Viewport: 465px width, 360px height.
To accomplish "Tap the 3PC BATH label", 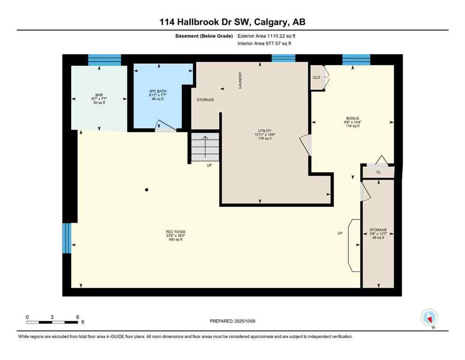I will click(156, 91).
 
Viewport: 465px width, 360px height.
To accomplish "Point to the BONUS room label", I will click(352, 119).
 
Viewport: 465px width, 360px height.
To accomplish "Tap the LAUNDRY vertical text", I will click(240, 80).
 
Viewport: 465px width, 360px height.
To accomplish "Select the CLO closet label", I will click(317, 77).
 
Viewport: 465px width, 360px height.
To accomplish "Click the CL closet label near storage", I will click(378, 172).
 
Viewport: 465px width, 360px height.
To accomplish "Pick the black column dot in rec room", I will click(147, 190).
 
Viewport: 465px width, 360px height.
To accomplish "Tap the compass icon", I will click(429, 318).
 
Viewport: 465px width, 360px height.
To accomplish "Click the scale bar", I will click(52, 322).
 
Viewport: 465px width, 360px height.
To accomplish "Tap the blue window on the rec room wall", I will click(67, 238).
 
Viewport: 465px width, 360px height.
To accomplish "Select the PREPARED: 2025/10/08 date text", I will click(232, 321).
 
